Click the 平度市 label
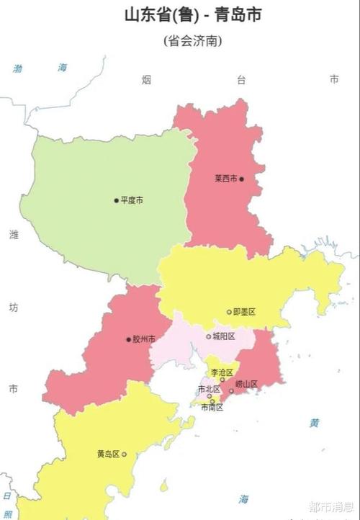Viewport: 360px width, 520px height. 132,200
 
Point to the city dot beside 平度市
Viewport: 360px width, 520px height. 116,200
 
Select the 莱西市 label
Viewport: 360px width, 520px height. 225,179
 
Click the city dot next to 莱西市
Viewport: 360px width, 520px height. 242,179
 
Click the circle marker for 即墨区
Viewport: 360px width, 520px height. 229,312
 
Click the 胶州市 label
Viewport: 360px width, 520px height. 144,339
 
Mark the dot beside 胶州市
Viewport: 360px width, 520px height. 128,339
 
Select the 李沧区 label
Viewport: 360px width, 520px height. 222,372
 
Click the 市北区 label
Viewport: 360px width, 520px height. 209,389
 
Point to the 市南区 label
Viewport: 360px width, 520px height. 212,407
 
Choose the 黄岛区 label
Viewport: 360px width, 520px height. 108,454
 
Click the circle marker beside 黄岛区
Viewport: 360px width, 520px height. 124,454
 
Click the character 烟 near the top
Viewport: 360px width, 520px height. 146,80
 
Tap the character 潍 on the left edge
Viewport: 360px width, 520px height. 13,236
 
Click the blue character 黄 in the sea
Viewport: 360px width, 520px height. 315,423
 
